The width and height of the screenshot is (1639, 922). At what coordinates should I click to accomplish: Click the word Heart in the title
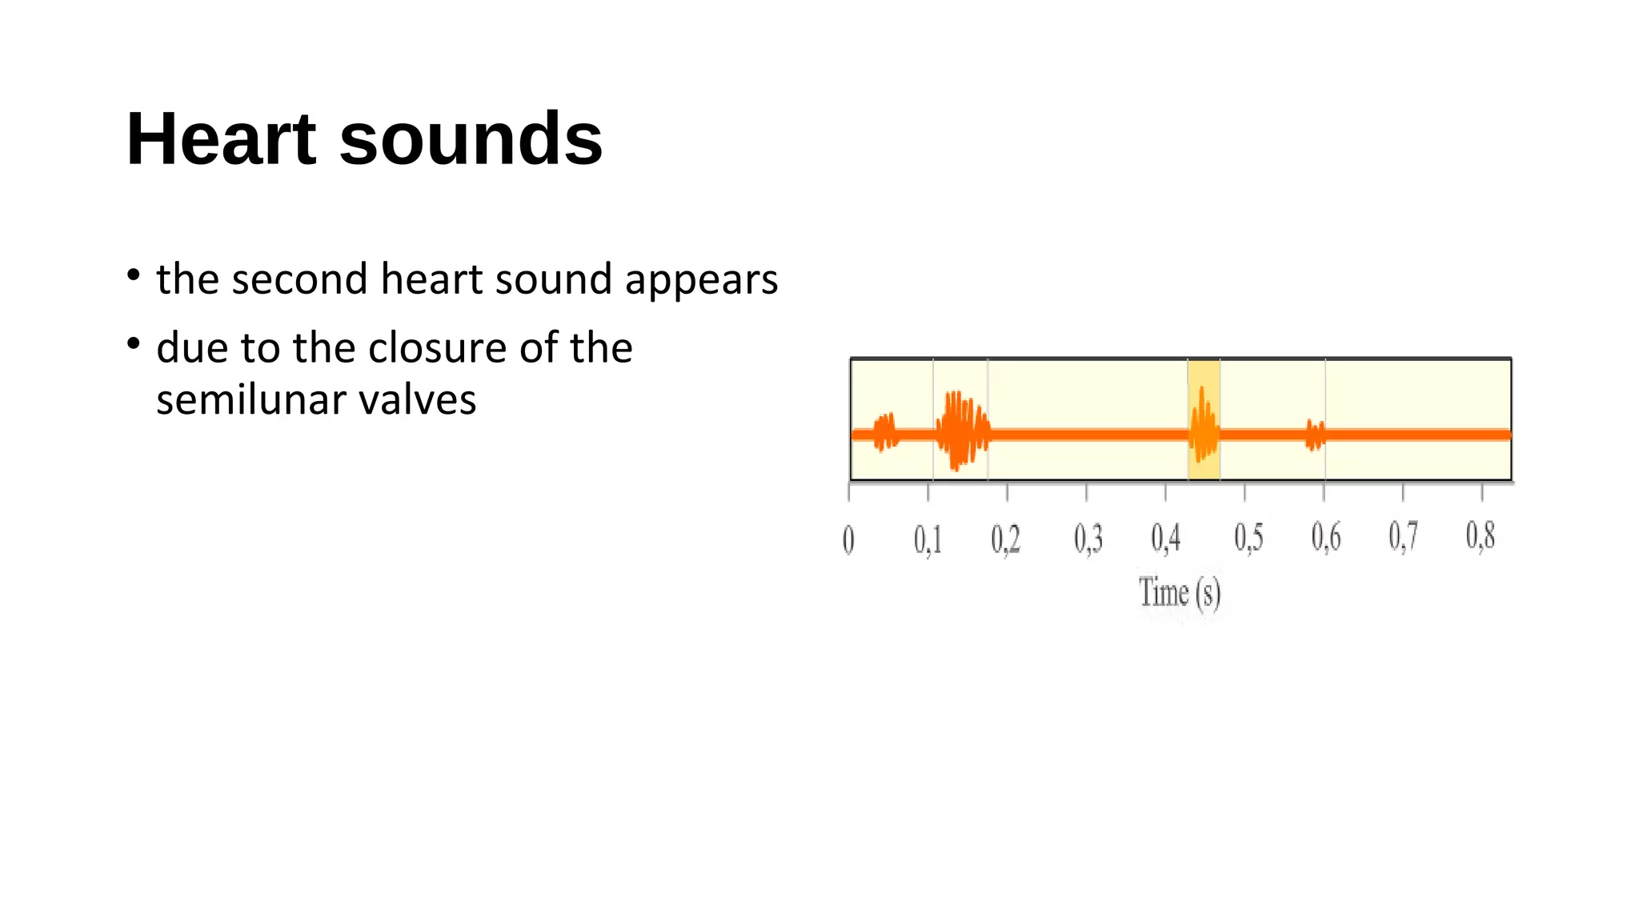(221, 139)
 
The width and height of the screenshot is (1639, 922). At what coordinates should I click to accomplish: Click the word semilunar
(251, 399)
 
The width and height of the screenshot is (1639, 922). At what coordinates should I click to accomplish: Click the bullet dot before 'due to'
(134, 344)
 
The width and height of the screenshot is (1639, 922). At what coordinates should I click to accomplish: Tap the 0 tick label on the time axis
(848, 539)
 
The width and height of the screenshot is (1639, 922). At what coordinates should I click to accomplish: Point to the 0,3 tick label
(1088, 539)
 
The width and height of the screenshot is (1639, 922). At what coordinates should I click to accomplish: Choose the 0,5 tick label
(1248, 538)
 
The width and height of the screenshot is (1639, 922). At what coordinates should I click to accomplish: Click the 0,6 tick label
(1326, 537)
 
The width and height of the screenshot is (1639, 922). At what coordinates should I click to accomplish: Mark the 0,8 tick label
(1481, 535)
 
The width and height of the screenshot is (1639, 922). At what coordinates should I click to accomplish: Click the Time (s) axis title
(1179, 594)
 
